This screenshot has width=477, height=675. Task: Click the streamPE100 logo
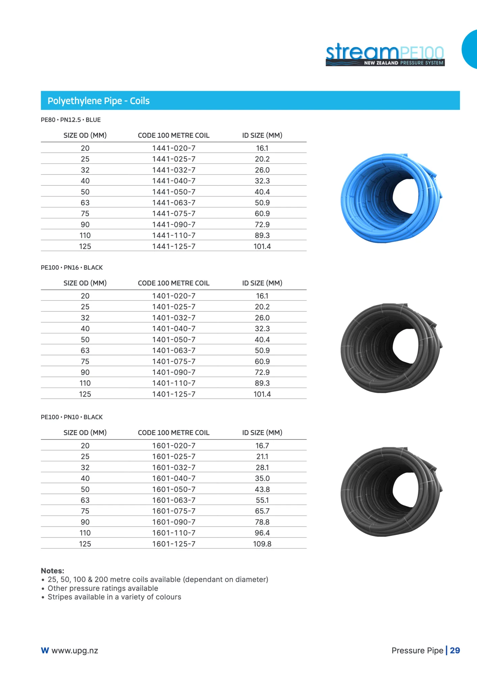tap(385, 54)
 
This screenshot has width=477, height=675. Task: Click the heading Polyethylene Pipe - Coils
tap(99, 101)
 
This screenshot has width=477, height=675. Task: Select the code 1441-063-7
tap(174, 203)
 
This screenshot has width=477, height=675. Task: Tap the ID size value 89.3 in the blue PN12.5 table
tap(262, 236)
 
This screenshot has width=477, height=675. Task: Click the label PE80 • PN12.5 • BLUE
tap(71, 120)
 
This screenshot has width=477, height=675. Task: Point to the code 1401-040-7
tap(174, 329)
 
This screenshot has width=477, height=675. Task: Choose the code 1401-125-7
tap(174, 394)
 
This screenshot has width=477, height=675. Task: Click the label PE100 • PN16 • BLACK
tap(72, 268)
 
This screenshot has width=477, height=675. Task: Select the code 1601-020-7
tap(174, 446)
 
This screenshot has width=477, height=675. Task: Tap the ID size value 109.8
tap(262, 544)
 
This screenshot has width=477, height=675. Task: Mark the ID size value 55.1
tap(262, 500)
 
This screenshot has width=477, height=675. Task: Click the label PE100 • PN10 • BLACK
tap(72, 417)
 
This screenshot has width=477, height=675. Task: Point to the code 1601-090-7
tap(174, 522)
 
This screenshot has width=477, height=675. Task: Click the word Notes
tap(52, 571)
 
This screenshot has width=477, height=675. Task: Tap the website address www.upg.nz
tap(75, 651)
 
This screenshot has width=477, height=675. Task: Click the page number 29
tap(455, 651)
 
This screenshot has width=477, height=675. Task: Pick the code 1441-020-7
tap(174, 148)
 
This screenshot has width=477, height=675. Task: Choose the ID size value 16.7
tap(262, 446)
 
